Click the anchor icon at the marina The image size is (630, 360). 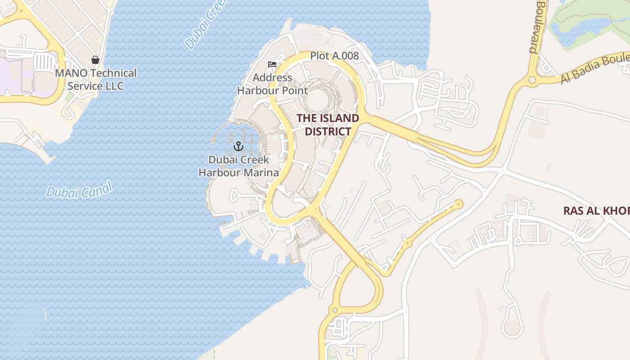[238, 146]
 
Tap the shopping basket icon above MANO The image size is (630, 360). [95, 59]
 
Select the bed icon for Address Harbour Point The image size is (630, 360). [272, 64]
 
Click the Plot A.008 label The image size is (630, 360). [334, 56]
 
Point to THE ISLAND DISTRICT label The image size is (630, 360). [328, 125]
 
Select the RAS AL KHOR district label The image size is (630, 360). [596, 210]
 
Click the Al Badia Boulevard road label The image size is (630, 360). [594, 69]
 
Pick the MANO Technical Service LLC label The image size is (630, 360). [96, 79]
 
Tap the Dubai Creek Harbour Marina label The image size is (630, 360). [238, 166]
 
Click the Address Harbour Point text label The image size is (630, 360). [272, 84]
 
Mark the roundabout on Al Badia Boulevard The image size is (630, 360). [532, 80]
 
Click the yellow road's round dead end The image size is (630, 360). [459, 204]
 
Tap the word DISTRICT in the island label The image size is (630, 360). [328, 131]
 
